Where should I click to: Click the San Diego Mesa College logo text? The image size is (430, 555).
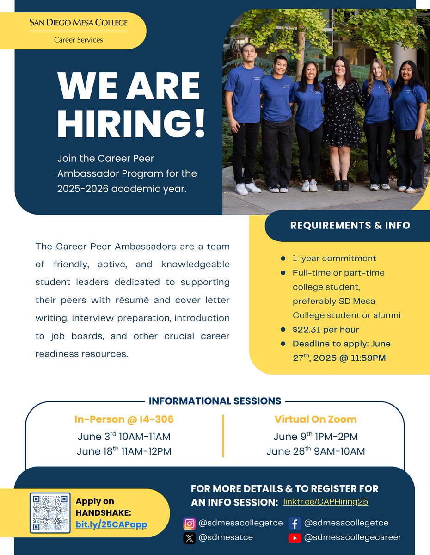coord(78,23)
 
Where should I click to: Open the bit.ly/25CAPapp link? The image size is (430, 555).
coord(111,524)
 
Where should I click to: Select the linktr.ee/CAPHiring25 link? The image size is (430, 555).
coord(326,501)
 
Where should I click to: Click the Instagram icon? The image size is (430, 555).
coord(189,524)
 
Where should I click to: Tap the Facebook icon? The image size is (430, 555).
coord(295,524)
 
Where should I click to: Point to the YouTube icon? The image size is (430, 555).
coord(295,538)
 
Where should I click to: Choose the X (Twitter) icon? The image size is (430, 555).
coord(189,538)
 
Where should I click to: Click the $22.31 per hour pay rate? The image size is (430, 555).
coord(326,330)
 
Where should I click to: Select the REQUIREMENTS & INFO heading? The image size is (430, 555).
coord(350,226)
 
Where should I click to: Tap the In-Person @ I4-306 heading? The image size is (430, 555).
coord(124,419)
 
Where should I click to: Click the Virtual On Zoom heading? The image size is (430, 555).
coord(315,419)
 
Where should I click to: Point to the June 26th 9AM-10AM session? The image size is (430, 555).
coord(315,451)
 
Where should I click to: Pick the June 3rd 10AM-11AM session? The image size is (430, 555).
coord(124,437)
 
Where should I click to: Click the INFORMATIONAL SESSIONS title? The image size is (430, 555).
coord(215,401)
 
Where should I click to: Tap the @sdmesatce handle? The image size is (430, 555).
coord(226,538)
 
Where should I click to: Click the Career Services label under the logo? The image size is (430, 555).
coord(78,40)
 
